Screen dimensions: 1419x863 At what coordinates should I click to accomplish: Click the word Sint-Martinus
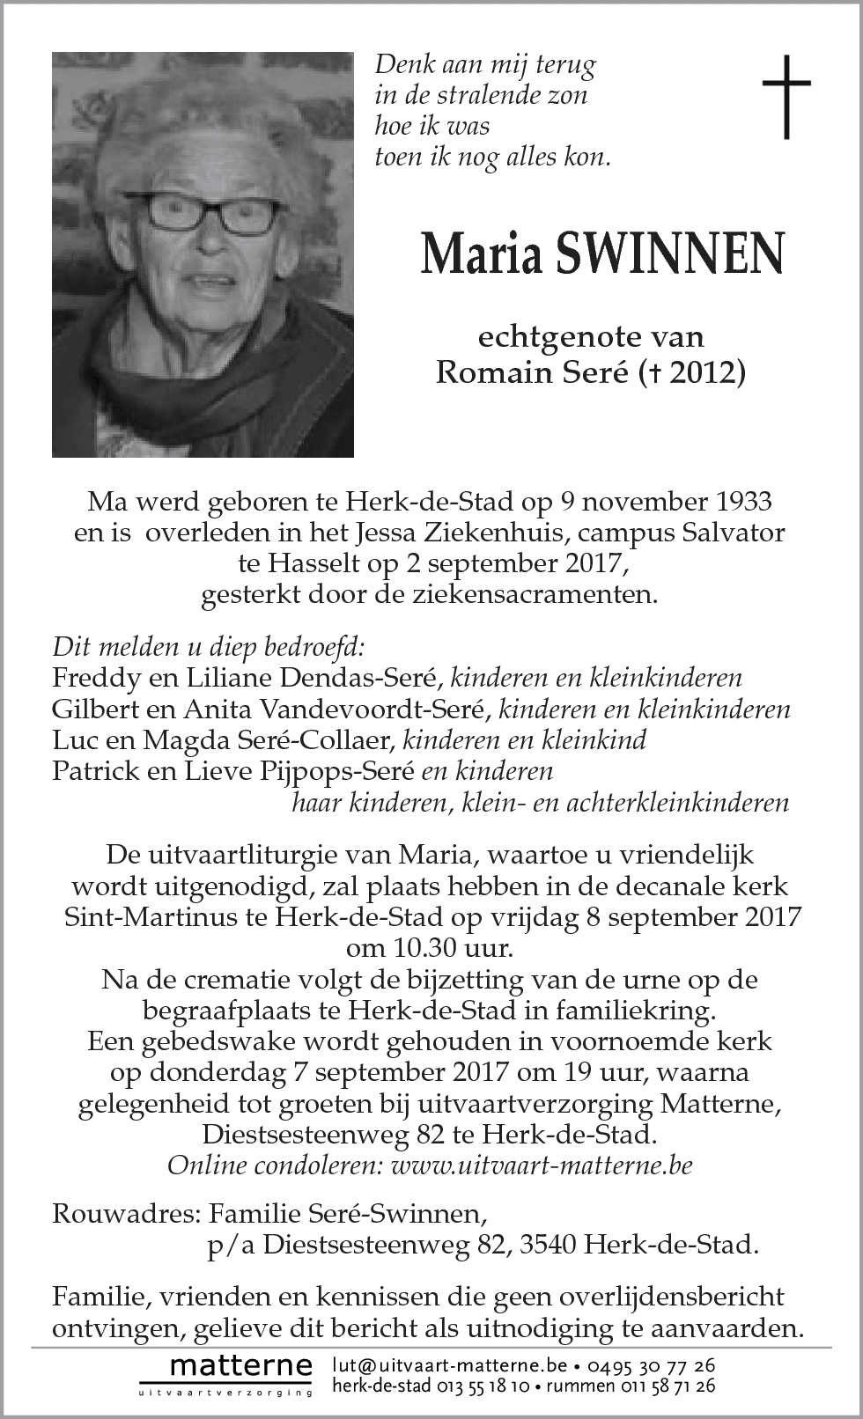point(151,917)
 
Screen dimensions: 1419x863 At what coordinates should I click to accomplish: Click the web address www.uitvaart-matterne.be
point(541,1165)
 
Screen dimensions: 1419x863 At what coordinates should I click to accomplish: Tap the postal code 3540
point(548,1245)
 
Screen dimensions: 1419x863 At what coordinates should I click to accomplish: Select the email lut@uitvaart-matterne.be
point(449,1365)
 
